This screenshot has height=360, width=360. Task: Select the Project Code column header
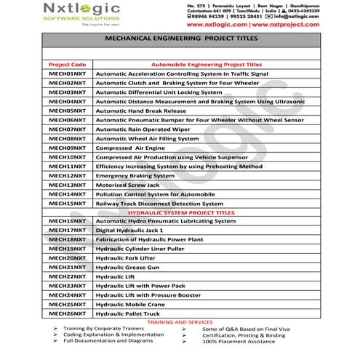(x=66, y=65)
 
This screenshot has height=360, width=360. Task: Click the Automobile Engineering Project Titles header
(x=205, y=65)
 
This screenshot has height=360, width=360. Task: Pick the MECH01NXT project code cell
(x=66, y=74)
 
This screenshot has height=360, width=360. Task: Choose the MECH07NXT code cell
(x=66, y=129)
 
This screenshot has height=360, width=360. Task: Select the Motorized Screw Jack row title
(x=127, y=185)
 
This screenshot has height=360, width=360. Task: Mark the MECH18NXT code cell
(x=66, y=239)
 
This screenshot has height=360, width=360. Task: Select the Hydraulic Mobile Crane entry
(x=130, y=304)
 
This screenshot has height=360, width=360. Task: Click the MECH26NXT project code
(x=66, y=313)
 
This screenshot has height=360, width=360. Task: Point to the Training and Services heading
(x=180, y=321)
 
